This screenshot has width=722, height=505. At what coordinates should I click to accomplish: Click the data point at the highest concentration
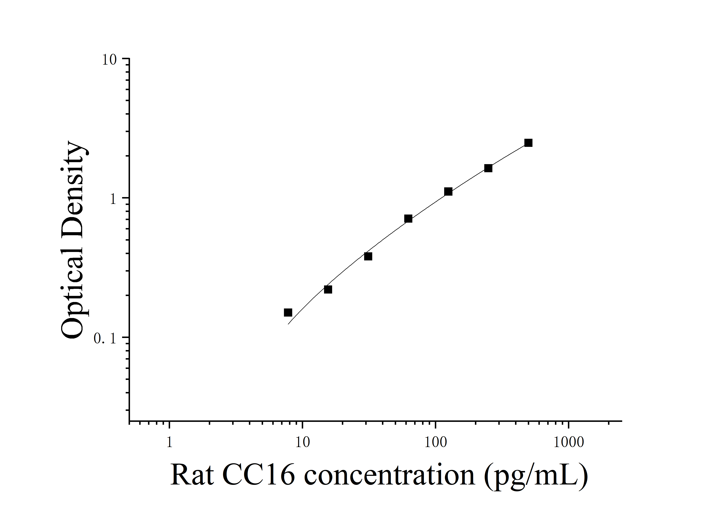pos(528,143)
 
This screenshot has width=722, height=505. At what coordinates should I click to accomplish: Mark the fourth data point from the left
pos(408,219)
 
